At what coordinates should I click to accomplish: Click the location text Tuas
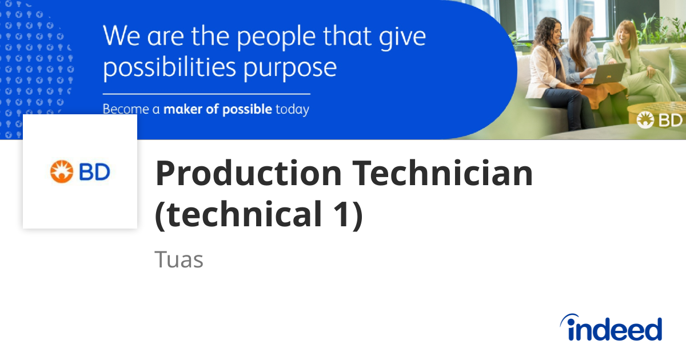(x=179, y=259)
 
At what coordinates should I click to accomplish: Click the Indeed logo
(x=611, y=329)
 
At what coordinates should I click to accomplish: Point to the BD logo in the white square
(x=80, y=171)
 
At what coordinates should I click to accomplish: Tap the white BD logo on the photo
(x=660, y=120)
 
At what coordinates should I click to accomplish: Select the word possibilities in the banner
(x=169, y=67)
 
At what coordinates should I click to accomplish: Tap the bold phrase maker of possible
(x=218, y=109)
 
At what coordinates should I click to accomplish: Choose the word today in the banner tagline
(x=292, y=109)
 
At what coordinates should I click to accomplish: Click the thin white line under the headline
(x=206, y=94)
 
